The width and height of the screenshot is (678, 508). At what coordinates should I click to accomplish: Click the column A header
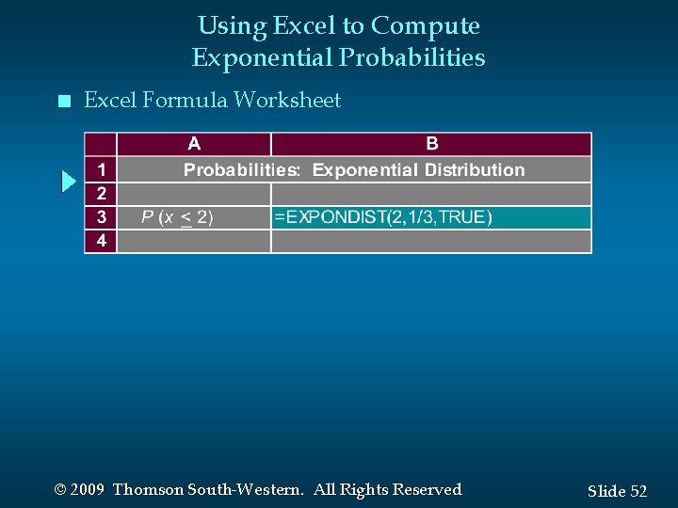click(x=194, y=144)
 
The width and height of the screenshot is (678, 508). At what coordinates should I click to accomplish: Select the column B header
click(x=431, y=144)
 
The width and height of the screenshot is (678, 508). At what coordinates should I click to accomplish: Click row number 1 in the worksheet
click(x=101, y=170)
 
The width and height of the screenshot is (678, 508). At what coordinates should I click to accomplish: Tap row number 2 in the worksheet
click(x=101, y=194)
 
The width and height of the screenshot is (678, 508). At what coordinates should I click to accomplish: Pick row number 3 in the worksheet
click(x=101, y=217)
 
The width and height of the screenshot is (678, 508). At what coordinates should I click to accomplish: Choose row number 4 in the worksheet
click(x=101, y=241)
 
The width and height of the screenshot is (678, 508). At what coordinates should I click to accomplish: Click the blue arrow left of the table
click(x=68, y=181)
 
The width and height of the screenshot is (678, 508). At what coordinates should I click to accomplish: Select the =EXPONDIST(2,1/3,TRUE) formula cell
click(x=382, y=217)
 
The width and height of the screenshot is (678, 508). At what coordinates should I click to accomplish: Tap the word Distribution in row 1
click(x=475, y=170)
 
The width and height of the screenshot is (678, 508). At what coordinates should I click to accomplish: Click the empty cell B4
click(x=431, y=241)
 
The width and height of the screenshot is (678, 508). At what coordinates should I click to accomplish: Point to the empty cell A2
click(x=194, y=194)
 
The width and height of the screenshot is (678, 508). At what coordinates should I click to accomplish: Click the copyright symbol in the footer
click(x=61, y=490)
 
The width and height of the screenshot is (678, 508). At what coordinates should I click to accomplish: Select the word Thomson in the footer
click(x=148, y=489)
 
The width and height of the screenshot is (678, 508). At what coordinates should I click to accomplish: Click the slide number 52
click(x=638, y=491)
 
